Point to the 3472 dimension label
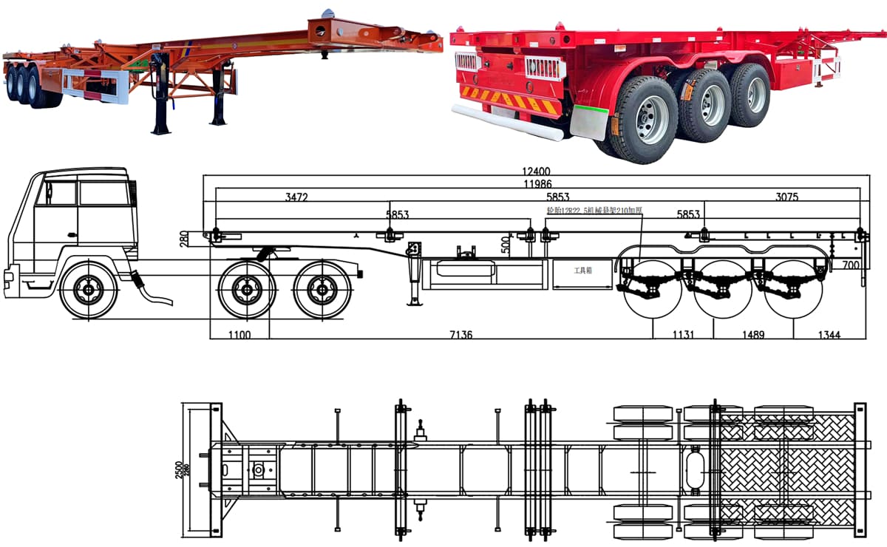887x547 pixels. tap(296, 197)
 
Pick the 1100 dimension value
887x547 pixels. tap(239, 335)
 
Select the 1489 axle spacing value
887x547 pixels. tap(755, 335)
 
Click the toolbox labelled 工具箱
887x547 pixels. tap(583, 271)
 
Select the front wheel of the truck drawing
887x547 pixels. tap(89, 290)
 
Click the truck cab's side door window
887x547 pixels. tap(60, 193)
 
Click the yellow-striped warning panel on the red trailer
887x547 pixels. tap(509, 100)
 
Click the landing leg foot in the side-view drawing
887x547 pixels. tap(415, 301)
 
